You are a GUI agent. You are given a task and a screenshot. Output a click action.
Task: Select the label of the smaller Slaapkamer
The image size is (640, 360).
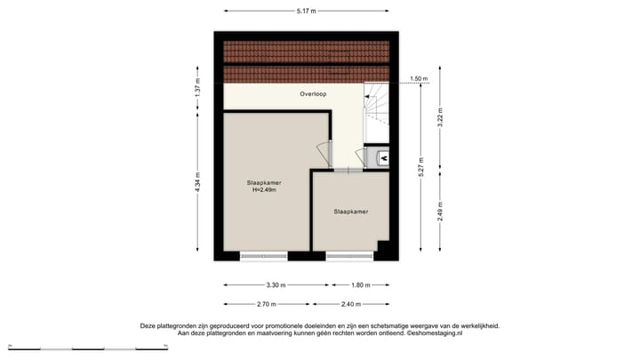[x=351, y=212]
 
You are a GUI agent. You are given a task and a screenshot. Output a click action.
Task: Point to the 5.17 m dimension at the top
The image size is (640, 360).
[x=307, y=11]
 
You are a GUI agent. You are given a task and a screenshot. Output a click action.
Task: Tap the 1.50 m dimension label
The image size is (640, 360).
[x=420, y=79]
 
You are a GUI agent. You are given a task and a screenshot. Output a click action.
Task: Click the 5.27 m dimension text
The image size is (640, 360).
[x=421, y=165]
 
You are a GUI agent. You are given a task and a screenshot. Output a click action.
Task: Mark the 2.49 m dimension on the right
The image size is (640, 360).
[x=439, y=212]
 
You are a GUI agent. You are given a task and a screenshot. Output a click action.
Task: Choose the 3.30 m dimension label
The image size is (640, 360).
[x=276, y=285]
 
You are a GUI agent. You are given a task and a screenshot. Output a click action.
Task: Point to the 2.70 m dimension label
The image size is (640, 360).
[x=265, y=305]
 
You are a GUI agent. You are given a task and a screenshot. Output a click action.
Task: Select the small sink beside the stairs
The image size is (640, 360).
[x=382, y=158]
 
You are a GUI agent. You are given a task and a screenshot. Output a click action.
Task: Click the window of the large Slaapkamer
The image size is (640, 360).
[x=264, y=257]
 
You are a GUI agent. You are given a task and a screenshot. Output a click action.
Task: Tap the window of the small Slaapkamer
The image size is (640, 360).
[x=349, y=257]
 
